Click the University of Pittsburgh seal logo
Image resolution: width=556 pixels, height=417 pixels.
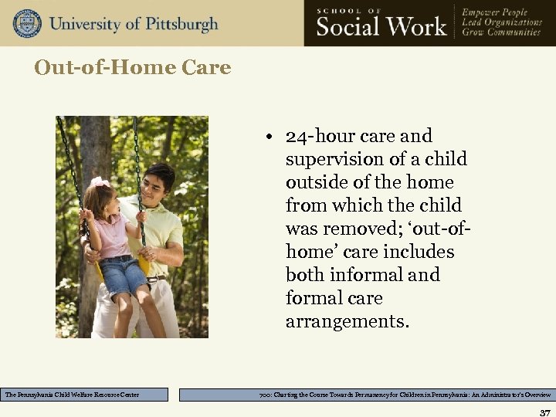point(27,23)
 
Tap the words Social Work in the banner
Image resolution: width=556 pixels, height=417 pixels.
point(381,26)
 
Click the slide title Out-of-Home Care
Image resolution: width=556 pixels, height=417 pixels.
point(132,68)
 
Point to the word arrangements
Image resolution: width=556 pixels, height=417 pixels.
point(347,321)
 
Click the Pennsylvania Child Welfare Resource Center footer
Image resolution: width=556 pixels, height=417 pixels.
point(84,395)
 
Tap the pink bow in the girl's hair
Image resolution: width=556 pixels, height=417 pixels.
point(99,183)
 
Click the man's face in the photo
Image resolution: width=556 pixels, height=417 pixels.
point(159,188)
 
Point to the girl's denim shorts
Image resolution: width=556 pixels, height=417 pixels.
point(123,276)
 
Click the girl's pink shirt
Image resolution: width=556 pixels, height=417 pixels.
point(114,235)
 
